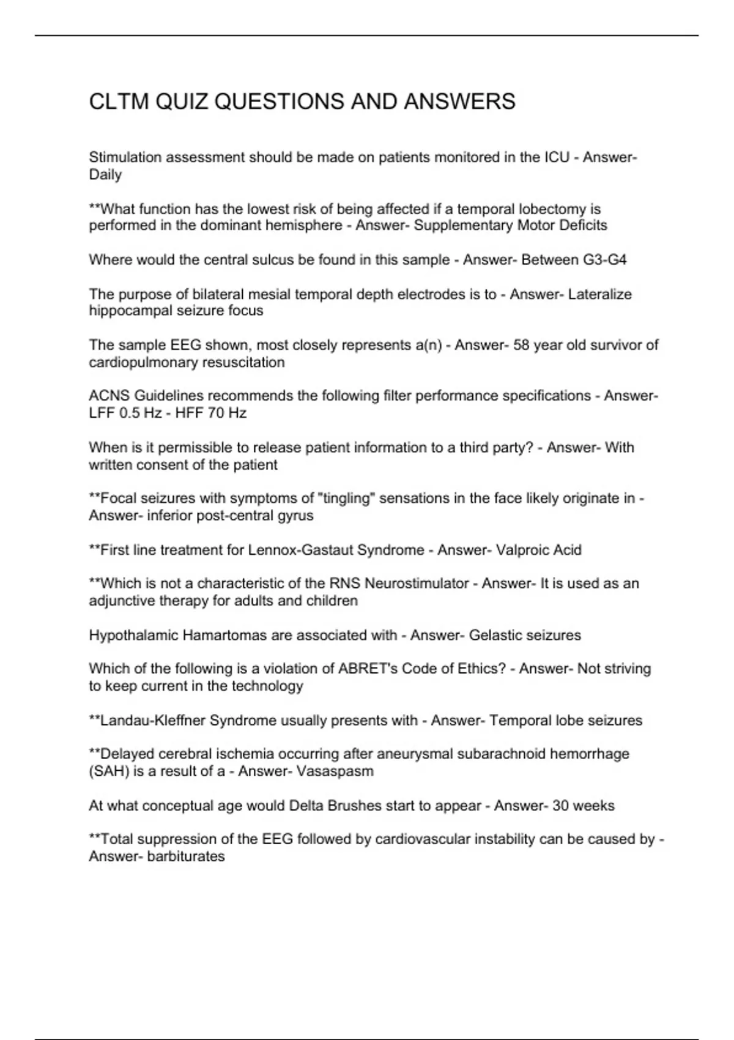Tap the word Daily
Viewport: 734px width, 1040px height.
click(x=105, y=175)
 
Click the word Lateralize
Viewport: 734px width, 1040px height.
click(x=599, y=294)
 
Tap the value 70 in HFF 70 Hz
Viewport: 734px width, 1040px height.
click(x=216, y=413)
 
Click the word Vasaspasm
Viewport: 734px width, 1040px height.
click(x=335, y=771)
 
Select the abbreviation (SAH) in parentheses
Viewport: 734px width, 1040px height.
click(x=109, y=771)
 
